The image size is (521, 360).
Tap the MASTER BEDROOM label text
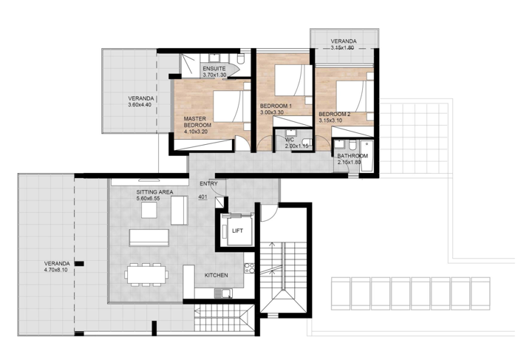(x=197, y=122)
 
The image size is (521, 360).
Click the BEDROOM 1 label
(x=276, y=106)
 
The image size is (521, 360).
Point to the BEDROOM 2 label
(x=335, y=114)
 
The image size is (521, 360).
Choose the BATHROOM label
(x=353, y=157)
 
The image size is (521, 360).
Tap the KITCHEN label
(x=216, y=275)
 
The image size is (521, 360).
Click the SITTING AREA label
(x=154, y=192)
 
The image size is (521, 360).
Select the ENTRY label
(x=208, y=183)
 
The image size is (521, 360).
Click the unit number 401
(x=204, y=197)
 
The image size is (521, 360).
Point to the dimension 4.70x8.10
(x=56, y=271)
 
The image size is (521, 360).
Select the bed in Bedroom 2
(x=351, y=96)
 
